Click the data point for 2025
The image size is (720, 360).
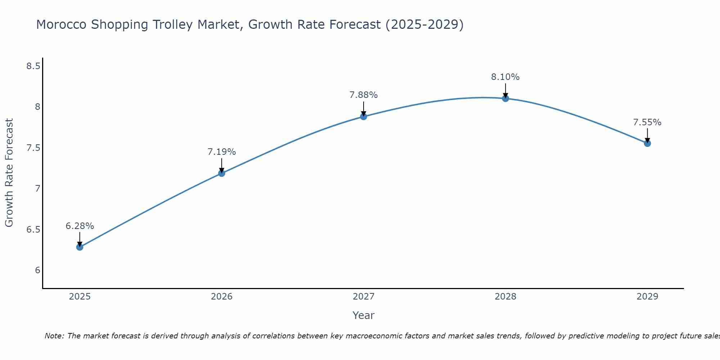click(80, 247)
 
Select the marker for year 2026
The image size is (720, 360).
click(221, 173)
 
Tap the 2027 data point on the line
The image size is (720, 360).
click(364, 116)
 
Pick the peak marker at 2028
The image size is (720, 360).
click(505, 98)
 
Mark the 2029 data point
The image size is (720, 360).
click(647, 143)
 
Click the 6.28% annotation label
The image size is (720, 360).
click(80, 226)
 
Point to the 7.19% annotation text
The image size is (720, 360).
click(221, 152)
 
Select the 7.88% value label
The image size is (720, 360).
click(364, 95)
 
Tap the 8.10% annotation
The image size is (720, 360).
click(505, 77)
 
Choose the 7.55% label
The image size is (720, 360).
click(647, 122)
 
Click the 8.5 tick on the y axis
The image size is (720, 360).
click(33, 66)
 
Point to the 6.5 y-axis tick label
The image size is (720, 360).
click(33, 230)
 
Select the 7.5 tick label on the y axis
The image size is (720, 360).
click(33, 148)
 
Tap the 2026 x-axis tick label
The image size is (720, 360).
click(221, 297)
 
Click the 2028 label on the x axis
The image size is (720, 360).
click(505, 297)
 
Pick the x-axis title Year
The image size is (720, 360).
click(364, 315)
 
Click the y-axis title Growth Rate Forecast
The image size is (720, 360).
click(9, 173)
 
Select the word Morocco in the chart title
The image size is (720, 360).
click(61, 25)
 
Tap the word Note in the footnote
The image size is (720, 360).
click(54, 336)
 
